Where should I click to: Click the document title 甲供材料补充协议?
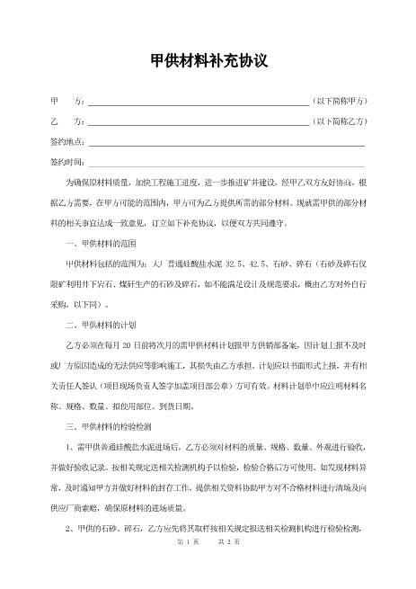coord(208,60)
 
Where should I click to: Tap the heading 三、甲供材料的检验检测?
coord(109,423)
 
